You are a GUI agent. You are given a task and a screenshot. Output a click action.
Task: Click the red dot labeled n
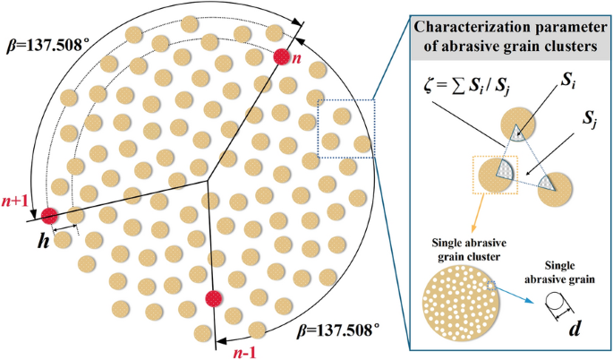pyautogui.click(x=283, y=56)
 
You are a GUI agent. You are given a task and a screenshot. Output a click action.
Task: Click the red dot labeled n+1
pyautogui.click(x=49, y=216)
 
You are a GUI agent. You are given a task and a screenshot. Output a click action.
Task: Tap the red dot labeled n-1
pyautogui.click(x=213, y=299)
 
